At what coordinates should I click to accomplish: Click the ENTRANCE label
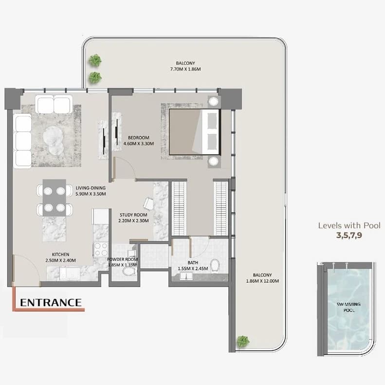(x=51, y=303)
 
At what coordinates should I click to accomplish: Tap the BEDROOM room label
(x=139, y=138)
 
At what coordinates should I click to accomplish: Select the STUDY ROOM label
(x=133, y=215)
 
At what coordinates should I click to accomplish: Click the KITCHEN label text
(x=60, y=255)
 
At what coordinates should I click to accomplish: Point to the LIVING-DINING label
(x=91, y=188)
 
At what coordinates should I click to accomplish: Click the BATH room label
(x=193, y=263)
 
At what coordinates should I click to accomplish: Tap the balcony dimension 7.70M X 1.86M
(x=185, y=69)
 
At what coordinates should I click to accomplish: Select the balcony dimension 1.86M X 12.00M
(x=262, y=281)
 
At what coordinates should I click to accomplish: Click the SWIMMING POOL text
(x=348, y=307)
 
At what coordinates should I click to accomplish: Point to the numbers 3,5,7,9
(x=349, y=236)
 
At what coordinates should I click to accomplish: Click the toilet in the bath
(x=215, y=265)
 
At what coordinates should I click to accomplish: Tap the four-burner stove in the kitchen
(x=101, y=250)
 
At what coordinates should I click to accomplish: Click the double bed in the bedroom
(x=195, y=132)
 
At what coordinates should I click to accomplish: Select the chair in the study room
(x=148, y=203)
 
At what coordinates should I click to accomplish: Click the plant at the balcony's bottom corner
(x=243, y=342)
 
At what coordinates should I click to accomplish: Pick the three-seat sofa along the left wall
(x=22, y=141)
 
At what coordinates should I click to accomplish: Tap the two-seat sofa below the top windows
(x=54, y=104)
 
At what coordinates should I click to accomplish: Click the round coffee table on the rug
(x=53, y=141)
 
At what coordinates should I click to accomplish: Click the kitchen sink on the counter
(x=70, y=273)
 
